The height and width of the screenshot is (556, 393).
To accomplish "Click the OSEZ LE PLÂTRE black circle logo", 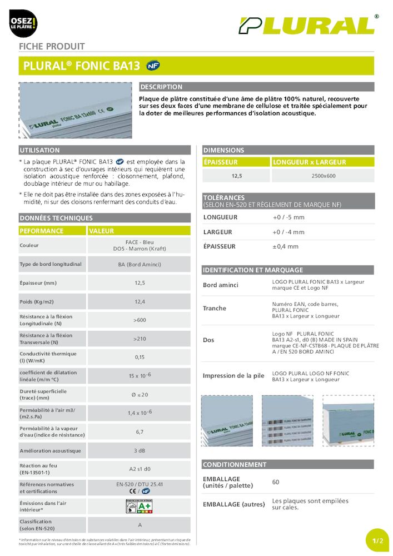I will pos(23,24).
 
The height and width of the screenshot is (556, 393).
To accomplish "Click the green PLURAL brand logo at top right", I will pos(306,26).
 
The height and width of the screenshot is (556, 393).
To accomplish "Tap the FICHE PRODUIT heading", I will pos(52,47).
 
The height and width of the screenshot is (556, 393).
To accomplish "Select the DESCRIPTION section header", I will pos(161,87).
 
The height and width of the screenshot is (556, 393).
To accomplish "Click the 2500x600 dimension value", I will pos(324,176).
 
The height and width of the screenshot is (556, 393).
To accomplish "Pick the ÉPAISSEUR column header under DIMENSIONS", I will pos(221,162).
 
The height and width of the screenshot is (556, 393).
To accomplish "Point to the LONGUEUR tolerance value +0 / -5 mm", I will pos(288,217).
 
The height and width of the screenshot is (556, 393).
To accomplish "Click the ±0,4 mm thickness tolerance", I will pos(285,246).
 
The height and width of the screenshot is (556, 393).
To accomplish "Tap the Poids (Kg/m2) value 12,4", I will pos(140,302).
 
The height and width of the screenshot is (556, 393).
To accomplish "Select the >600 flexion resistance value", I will pos(140,320).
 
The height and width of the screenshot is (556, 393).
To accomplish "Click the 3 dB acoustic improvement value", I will pos(140,451).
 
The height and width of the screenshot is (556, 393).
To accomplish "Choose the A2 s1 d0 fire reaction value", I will pos(140,469).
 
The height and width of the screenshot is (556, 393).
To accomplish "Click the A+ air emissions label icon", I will pos(140,506).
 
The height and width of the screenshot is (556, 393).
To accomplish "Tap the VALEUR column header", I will pos(101,231).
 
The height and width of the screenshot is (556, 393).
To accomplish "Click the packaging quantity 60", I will pos(276,482).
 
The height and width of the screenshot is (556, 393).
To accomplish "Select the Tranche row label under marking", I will pos(215,308).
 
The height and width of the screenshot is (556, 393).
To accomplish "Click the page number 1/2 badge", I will pos(378,540).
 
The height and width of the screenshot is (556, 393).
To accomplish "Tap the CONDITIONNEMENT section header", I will pos(235,464).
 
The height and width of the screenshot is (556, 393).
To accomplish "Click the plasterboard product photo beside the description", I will pos(76,110).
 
